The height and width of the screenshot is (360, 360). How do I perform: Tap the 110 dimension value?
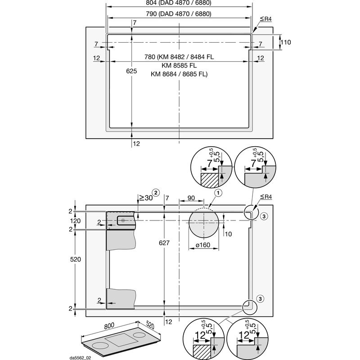pyautogui.click(x=285, y=42)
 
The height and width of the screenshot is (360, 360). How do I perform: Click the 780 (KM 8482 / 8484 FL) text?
pyautogui.click(x=179, y=57)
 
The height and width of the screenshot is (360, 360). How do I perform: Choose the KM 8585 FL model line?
pyautogui.click(x=179, y=66)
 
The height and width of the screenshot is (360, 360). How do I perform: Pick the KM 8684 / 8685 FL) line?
pyautogui.click(x=179, y=74)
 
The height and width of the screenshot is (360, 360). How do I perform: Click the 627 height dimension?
pyautogui.click(x=165, y=243)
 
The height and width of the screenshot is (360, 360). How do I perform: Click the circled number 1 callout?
pyautogui.click(x=218, y=193)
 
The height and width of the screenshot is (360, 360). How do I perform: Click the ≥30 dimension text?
pyautogui.click(x=144, y=198)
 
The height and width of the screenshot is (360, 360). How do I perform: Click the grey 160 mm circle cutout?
pyautogui.click(x=203, y=225)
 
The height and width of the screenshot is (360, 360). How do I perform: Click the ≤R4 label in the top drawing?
pyautogui.click(x=265, y=18)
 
